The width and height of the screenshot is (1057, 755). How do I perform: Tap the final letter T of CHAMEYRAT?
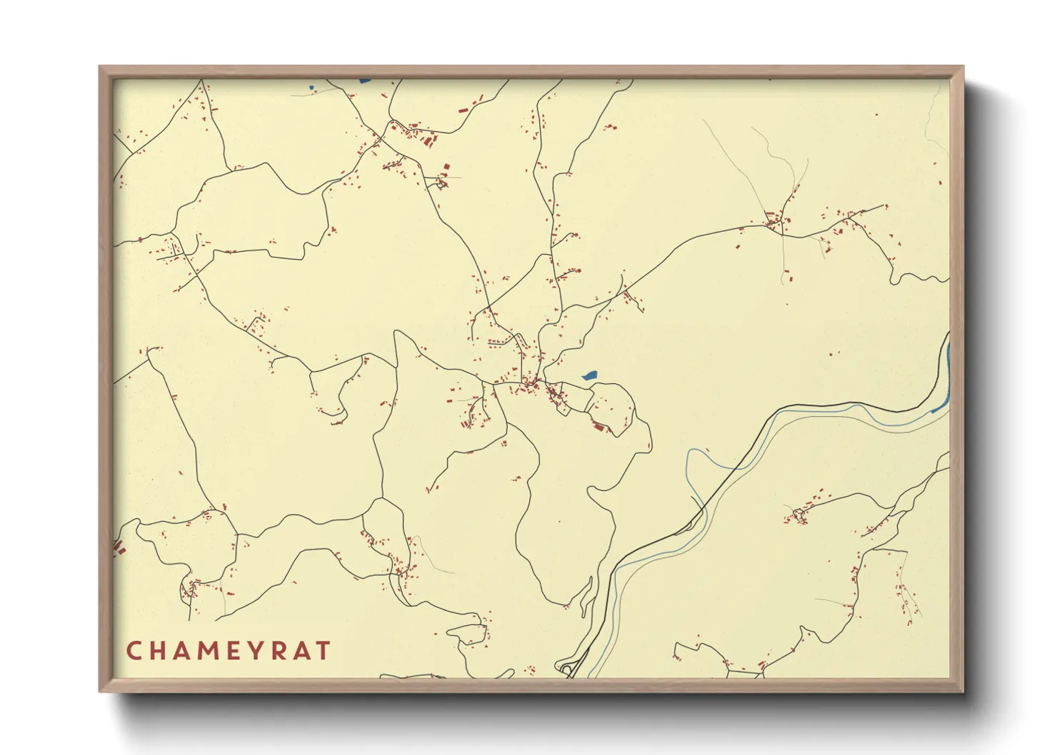(324, 651)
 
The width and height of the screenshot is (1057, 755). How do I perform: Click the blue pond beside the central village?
(589, 375)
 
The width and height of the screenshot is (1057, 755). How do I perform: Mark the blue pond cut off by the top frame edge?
(365, 81)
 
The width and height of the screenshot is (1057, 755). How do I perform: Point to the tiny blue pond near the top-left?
(311, 88)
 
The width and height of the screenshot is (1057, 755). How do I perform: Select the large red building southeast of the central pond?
(598, 426)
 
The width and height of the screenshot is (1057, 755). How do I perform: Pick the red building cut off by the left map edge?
(119, 547)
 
